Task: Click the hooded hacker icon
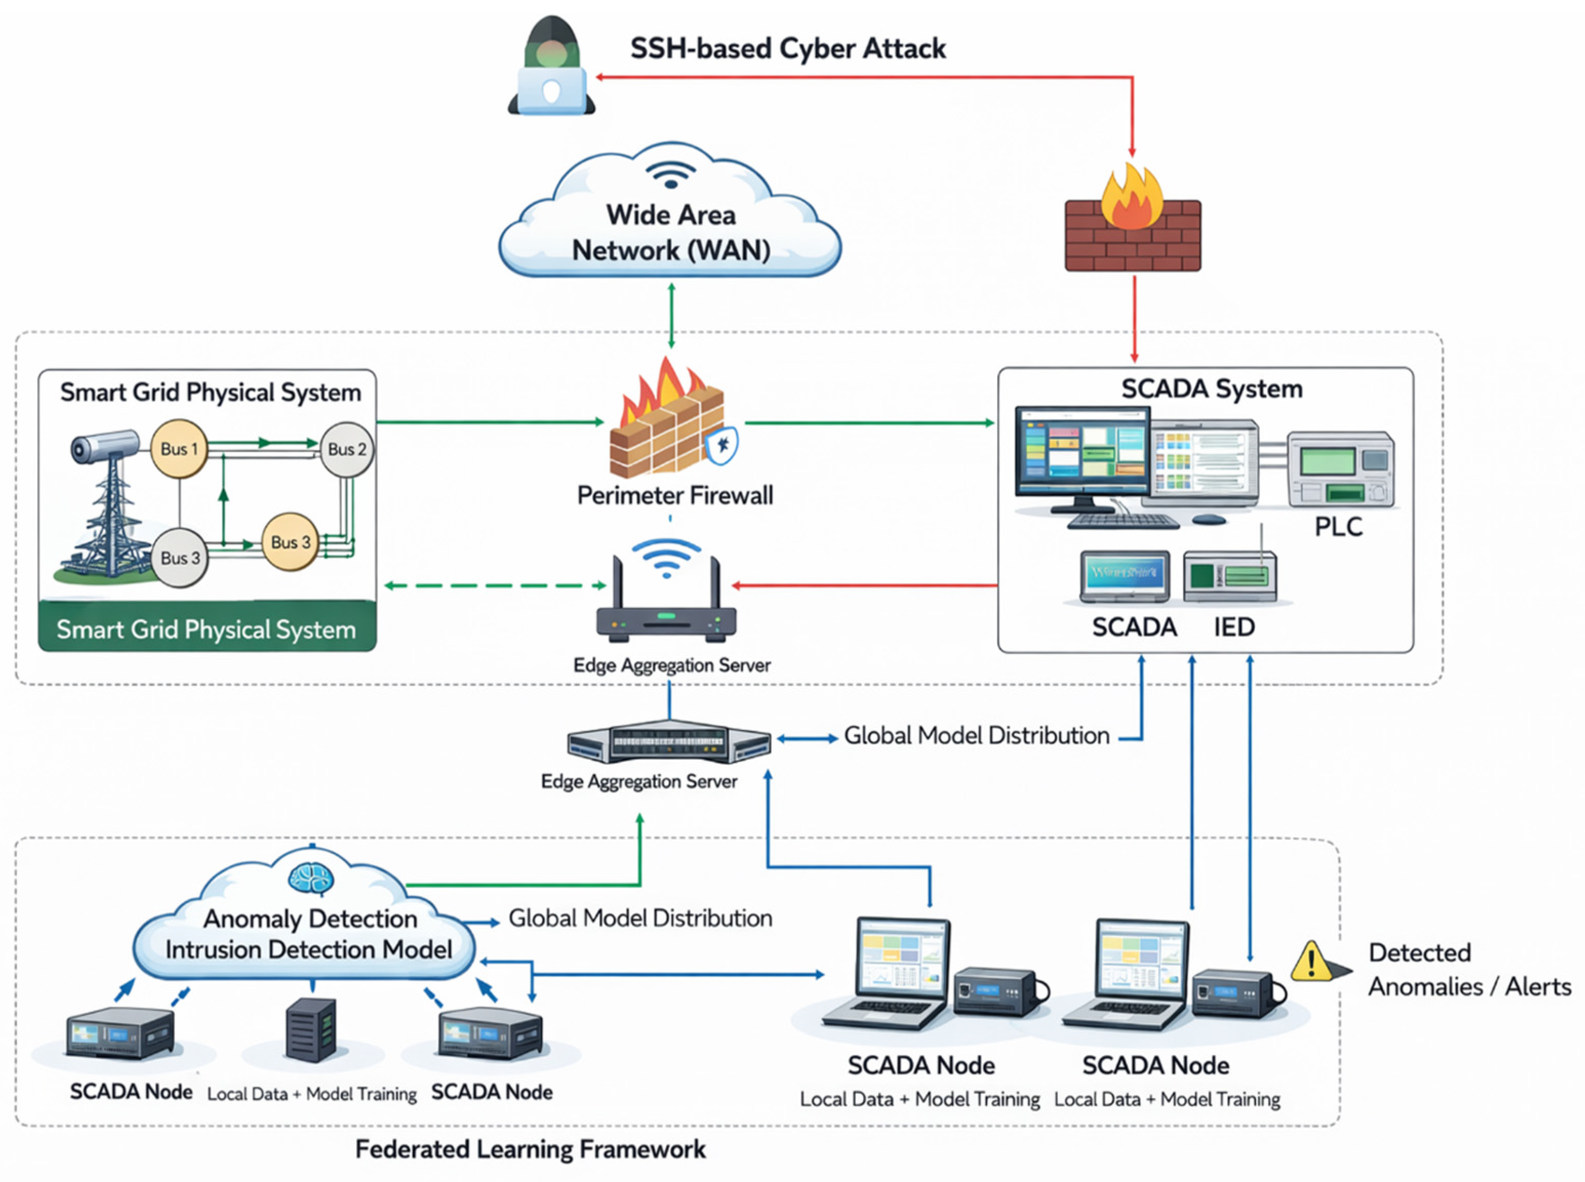551,66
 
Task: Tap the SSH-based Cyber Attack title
788,49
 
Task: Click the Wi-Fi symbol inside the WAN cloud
671,174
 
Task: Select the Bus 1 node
179,449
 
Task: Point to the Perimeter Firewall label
675,495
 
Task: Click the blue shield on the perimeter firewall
722,445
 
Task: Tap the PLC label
1338,526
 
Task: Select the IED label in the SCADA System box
1234,627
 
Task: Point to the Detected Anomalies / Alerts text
1469,969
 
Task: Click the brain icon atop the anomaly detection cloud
311,877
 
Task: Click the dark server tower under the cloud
311,1030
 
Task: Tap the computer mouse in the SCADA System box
1209,519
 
